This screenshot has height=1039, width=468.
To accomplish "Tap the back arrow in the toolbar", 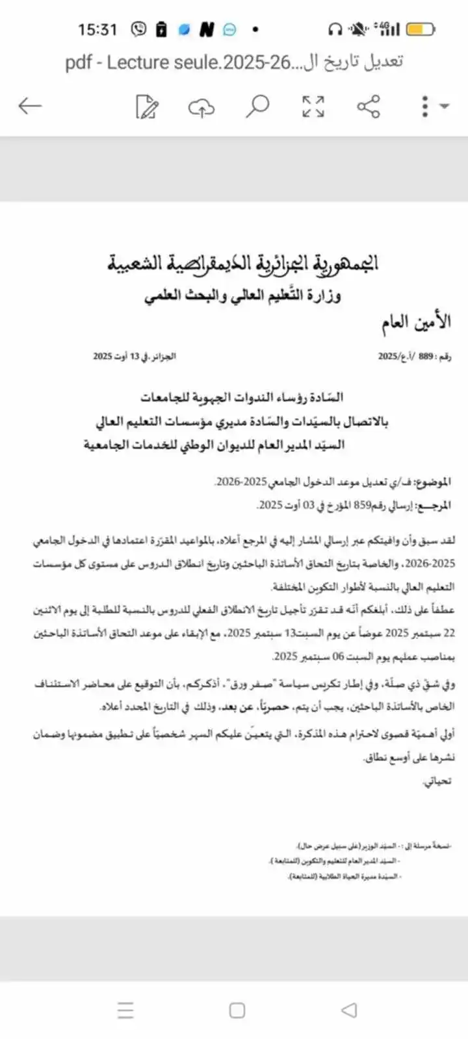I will coord(30,106).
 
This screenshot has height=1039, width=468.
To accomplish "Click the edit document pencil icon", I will coord(147,106).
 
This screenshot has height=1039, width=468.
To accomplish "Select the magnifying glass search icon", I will coord(257,106).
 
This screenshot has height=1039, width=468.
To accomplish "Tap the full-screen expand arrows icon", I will coord(313,106).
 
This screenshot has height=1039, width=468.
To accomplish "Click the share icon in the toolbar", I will coord(369,106).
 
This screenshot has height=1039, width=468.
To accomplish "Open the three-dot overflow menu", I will coord(425,106).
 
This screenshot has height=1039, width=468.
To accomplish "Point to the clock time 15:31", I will coord(97,29).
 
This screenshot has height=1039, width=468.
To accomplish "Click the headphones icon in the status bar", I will coord(335,29).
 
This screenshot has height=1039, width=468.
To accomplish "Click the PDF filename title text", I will coord(234,62).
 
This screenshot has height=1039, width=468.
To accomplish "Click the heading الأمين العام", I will coord(416,322).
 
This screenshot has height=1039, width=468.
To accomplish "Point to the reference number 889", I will coord(425,356).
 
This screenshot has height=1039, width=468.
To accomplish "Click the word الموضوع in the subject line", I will coord(434,482).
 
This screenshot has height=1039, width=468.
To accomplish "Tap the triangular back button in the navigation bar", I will coord(349,1010).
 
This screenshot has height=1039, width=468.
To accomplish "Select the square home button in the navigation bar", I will coord(237,1010).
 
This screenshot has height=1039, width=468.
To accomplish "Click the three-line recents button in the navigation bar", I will coord(125,1010).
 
